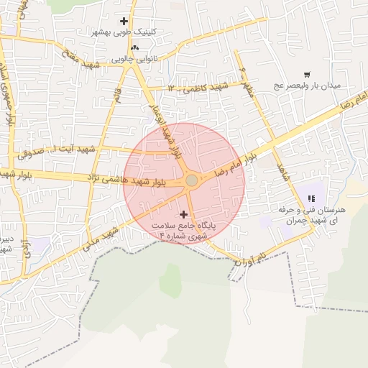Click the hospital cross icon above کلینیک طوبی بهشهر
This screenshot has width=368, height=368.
[x=124, y=22]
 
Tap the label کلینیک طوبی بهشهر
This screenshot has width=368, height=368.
[x=124, y=32]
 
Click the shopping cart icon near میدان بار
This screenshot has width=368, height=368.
[x=307, y=75]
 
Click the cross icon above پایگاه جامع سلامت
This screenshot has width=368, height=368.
[x=184, y=213]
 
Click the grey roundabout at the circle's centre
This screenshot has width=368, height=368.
[x=191, y=180]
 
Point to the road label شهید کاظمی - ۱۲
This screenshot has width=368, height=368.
[x=198, y=88]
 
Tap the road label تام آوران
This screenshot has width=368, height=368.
[x=252, y=260]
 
